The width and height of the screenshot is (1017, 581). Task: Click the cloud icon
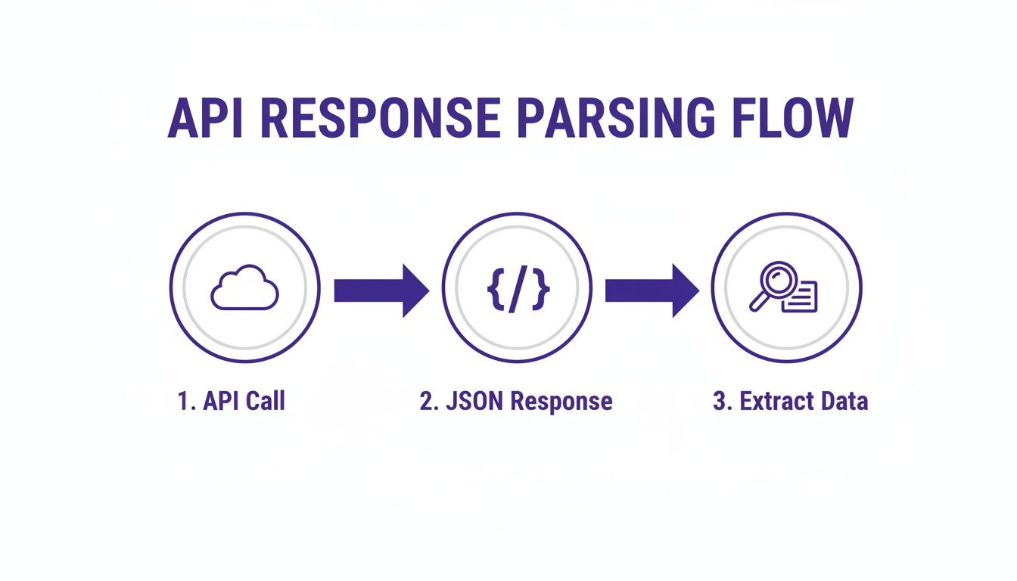tap(244, 288)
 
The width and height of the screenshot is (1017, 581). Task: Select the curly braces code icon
tap(517, 288)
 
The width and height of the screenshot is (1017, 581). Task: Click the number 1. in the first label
tap(185, 401)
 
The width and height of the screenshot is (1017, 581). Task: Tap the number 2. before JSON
tap(429, 401)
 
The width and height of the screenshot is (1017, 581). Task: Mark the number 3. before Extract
tap(723, 401)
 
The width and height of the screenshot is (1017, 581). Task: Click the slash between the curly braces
tap(517, 288)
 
